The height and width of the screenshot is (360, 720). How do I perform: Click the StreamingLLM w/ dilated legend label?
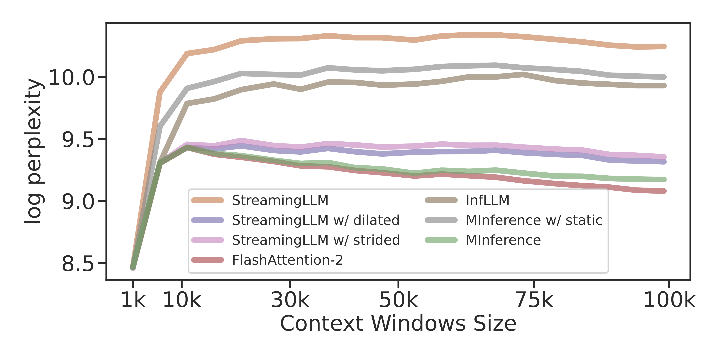(316, 220)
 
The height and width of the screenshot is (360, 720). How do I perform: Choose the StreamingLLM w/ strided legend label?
(316, 240)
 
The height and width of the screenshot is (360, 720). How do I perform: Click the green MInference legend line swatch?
(441, 240)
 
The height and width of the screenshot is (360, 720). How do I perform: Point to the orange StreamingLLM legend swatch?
(207, 200)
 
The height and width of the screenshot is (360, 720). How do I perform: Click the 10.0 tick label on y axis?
(71, 77)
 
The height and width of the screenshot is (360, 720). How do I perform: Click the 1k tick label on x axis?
(133, 300)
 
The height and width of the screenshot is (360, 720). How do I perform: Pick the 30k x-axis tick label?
(290, 300)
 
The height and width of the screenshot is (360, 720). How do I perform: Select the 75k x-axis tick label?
(534, 300)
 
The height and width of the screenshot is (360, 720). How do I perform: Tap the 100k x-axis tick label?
(669, 300)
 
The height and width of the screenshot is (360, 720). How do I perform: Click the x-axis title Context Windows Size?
(398, 324)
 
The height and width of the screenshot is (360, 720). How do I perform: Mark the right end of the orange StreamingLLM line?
(664, 46)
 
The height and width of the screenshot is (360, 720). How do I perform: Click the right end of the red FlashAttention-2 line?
(664, 191)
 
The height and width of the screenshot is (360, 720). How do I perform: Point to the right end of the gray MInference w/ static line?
(664, 77)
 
